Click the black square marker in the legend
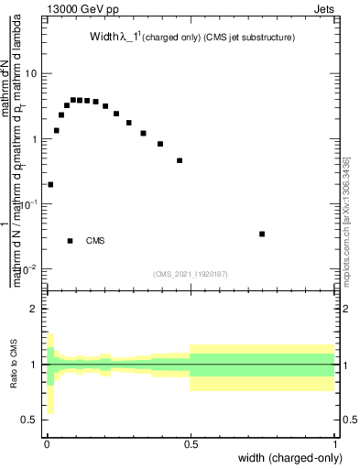coord(71,241)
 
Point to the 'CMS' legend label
coord(95,241)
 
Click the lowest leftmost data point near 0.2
coord(50,184)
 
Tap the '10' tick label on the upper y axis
coord(30,74)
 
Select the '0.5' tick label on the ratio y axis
coord(28,420)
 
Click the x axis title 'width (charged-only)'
coord(290,459)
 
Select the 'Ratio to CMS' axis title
coord(13,365)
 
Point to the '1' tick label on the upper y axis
coord(33,139)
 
